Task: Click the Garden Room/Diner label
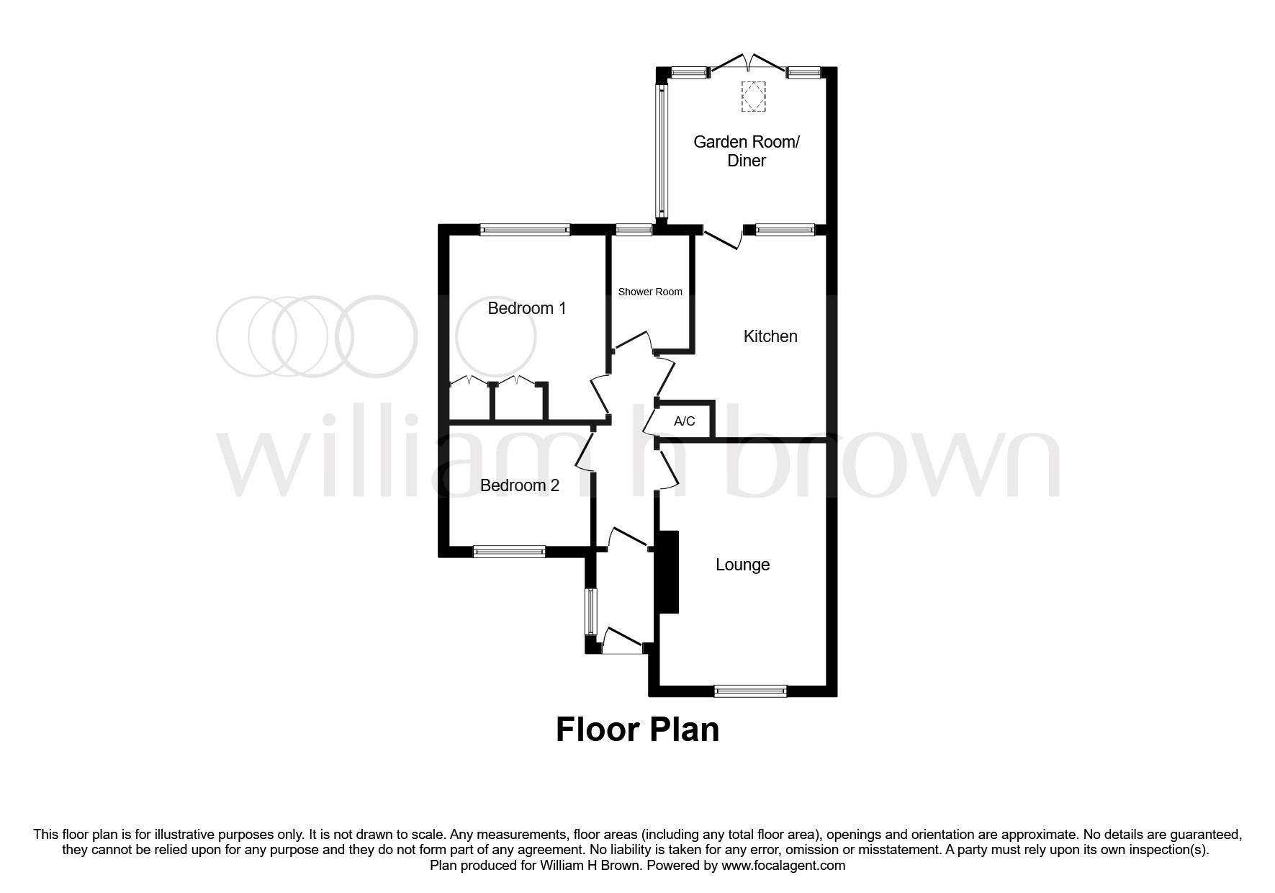[x=747, y=151]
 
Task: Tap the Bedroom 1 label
[x=527, y=309]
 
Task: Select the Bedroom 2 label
[x=520, y=486]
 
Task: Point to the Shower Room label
[x=650, y=292]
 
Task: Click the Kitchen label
[x=770, y=336]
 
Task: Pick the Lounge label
[x=742, y=565]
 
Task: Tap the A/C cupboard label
[x=685, y=421]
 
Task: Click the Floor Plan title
[x=637, y=730]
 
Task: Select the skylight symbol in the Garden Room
[x=754, y=97]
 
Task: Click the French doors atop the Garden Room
[x=748, y=63]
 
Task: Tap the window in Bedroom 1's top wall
[x=525, y=230]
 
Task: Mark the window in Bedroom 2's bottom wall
[x=509, y=552]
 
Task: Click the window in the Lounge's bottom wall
[x=750, y=691]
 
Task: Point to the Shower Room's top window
[x=634, y=230]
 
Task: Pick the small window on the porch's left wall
[x=590, y=612]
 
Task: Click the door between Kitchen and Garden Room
[x=724, y=237]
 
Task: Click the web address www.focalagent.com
[x=783, y=866]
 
